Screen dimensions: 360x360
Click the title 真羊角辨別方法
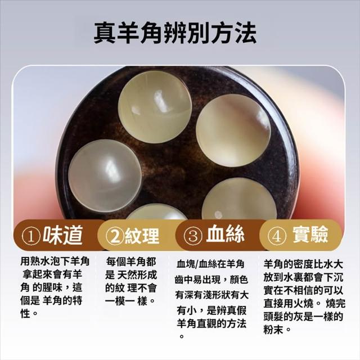[175, 33]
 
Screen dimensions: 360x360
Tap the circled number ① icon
[31, 236]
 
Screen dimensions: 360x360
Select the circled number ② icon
[115, 236]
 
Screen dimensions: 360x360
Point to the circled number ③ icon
[193, 236]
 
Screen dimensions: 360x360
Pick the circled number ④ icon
[277, 236]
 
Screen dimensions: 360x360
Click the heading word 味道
[62, 235]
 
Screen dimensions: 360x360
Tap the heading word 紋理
[142, 236]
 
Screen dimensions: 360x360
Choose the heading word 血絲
[225, 234]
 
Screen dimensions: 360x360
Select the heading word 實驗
[310, 234]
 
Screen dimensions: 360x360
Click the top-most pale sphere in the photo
[155, 106]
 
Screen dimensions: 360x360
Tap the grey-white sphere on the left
[105, 175]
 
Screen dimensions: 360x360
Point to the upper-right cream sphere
[233, 130]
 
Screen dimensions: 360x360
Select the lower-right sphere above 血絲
[239, 199]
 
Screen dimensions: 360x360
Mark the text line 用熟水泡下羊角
[55, 261]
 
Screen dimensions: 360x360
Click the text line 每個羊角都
[131, 262]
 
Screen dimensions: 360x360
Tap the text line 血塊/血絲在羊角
[210, 264]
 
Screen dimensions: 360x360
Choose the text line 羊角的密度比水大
[303, 264]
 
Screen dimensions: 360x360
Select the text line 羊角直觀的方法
[211, 323]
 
